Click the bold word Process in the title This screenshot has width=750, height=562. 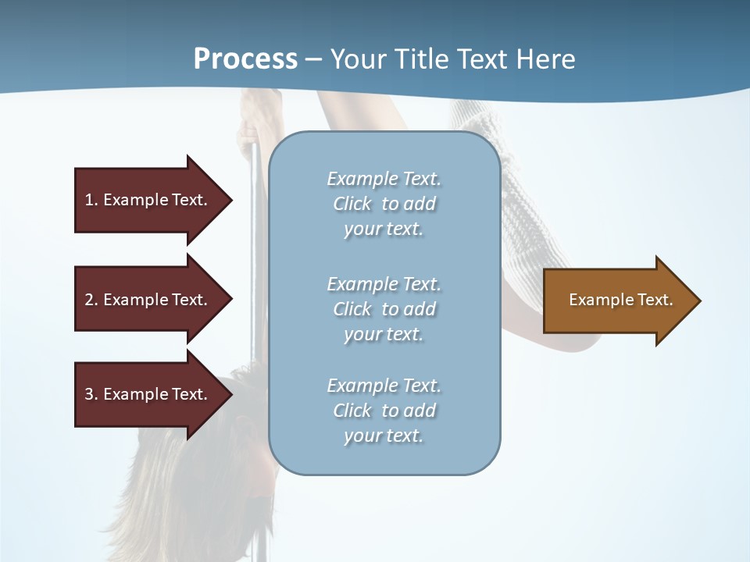coord(245,59)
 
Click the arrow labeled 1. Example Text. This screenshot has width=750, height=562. coord(148,200)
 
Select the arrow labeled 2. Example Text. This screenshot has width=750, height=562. coord(148,300)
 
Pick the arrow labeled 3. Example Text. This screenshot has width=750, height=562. coord(148,394)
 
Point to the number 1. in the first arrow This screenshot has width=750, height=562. coord(91,200)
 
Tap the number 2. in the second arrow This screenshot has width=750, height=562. coord(91,300)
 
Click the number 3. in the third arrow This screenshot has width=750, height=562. coord(91,394)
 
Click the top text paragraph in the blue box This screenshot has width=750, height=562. coord(384,204)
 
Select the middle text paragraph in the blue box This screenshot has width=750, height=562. coord(384,309)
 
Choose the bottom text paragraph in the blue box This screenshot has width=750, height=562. coord(384,411)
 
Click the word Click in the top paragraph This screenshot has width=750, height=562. coord(352,204)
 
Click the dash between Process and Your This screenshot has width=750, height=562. coord(314,59)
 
